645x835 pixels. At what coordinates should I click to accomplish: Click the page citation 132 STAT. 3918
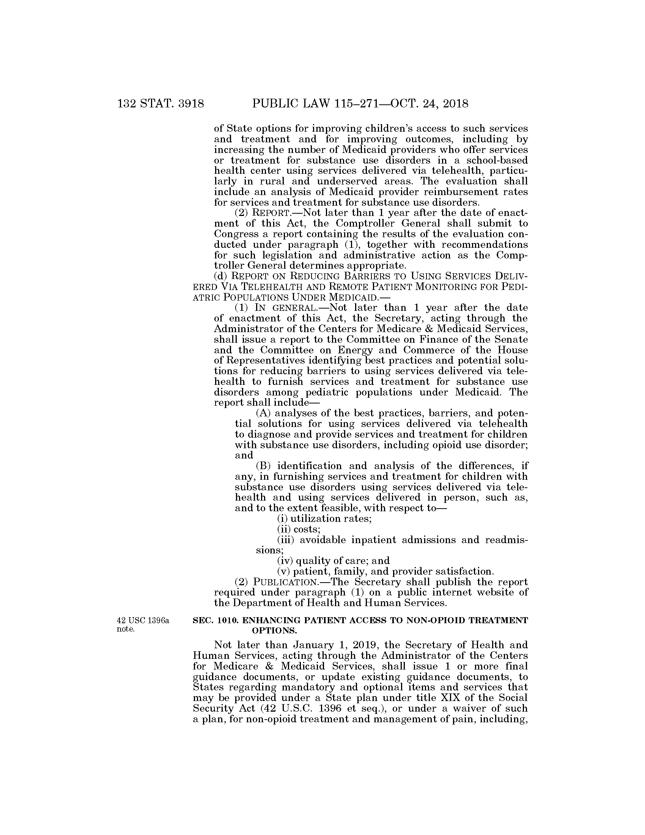161,104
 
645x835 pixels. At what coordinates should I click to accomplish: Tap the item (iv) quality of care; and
333,561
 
